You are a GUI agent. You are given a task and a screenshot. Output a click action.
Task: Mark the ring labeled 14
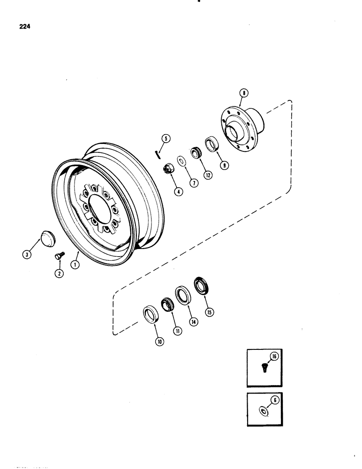coord(182,296)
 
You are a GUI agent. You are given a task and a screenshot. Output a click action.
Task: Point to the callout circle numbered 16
coord(275,357)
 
